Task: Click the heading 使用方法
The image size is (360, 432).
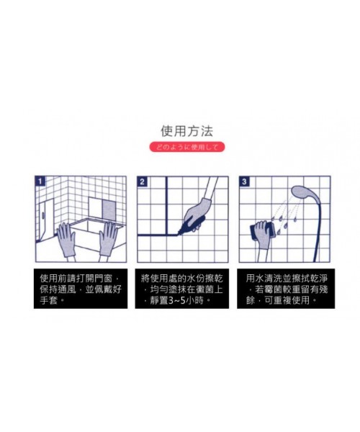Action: (x=186, y=131)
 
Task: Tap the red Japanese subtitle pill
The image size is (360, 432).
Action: (x=187, y=147)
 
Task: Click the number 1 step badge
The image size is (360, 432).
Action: (x=40, y=181)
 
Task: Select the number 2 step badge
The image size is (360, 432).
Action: (x=142, y=181)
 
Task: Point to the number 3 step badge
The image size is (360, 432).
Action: (x=244, y=181)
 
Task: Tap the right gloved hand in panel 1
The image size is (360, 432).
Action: (x=108, y=239)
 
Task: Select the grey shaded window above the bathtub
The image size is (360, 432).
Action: (x=109, y=210)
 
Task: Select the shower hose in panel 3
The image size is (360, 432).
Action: (x=318, y=230)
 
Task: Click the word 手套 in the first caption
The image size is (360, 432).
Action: (x=48, y=300)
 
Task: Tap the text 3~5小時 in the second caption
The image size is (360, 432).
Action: (x=186, y=300)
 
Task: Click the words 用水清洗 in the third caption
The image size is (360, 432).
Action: (x=264, y=279)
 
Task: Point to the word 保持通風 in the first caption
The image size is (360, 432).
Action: (x=58, y=289)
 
